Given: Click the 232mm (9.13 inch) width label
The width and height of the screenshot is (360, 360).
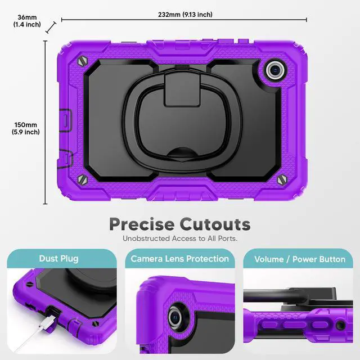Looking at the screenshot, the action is (x=185, y=15).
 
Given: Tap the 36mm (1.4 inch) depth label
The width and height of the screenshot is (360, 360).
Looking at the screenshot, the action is (x=27, y=21).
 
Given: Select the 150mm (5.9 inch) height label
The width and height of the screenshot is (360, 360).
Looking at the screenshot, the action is (x=26, y=128).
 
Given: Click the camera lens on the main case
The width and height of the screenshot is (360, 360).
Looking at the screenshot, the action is (x=274, y=70).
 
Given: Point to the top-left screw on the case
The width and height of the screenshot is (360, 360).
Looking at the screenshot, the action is (x=83, y=61).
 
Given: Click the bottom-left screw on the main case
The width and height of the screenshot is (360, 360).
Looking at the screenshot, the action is (x=83, y=179).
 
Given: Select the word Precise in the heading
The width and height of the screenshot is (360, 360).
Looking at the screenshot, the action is (x=142, y=224).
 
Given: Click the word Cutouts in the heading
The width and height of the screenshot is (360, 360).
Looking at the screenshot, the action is (x=215, y=224).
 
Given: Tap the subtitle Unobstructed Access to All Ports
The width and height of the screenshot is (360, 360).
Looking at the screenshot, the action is (x=180, y=238).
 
